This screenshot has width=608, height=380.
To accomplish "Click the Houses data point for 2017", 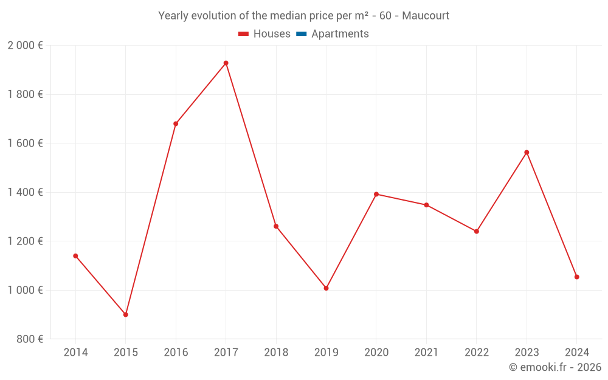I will click(226, 63).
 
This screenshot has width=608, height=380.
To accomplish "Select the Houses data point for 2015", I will click(126, 315).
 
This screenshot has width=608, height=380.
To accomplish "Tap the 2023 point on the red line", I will click(527, 153).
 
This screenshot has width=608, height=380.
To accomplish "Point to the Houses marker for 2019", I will click(326, 288).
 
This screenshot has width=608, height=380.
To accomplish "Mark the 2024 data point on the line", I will click(576, 277).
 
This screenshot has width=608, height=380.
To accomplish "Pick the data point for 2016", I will click(176, 124).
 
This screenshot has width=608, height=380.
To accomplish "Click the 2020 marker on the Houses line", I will click(376, 195).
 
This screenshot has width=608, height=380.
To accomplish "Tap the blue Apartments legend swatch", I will click(301, 34).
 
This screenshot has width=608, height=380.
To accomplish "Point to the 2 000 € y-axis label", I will click(25, 46).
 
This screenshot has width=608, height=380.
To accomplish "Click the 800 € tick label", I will click(29, 339).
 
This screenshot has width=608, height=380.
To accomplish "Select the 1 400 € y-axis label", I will click(25, 192).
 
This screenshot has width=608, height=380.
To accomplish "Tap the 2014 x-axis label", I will click(75, 353).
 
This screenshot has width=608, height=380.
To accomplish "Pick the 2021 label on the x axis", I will click(426, 353).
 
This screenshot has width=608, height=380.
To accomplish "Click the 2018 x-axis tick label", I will click(276, 353).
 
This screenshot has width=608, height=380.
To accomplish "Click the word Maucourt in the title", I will click(426, 16).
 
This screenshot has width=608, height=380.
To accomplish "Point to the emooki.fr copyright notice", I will click(554, 367).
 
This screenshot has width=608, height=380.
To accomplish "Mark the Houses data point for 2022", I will click(477, 232).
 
